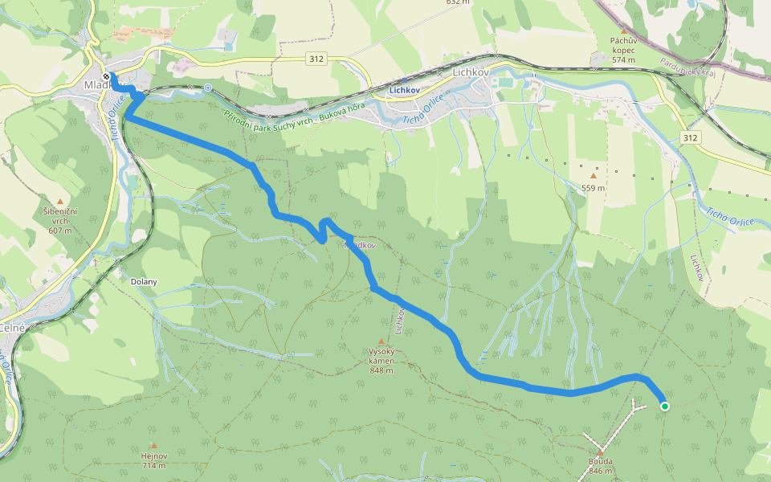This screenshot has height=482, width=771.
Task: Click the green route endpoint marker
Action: (665, 406)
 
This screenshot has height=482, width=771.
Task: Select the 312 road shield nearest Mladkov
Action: (316, 59)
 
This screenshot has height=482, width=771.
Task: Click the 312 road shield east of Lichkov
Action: (692, 138)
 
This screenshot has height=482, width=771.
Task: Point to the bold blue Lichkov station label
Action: (406, 91)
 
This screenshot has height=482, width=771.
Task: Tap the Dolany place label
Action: (144, 282)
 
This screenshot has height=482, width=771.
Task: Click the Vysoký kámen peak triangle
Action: (381, 341)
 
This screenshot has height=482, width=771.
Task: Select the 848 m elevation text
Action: (381, 370)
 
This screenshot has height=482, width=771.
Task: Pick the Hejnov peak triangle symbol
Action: (153, 445)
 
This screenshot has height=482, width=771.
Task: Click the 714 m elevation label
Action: (153, 466)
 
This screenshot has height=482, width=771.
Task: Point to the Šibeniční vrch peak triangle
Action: (60, 201)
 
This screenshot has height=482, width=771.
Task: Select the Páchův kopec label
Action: (623, 45)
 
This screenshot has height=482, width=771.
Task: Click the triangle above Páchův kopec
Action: (623, 31)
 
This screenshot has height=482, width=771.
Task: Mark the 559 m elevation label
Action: (594, 188)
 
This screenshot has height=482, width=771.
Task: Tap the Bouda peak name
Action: (600, 461)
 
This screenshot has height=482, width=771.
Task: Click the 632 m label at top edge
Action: (458, 2)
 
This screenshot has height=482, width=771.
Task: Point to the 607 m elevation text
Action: (60, 231)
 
